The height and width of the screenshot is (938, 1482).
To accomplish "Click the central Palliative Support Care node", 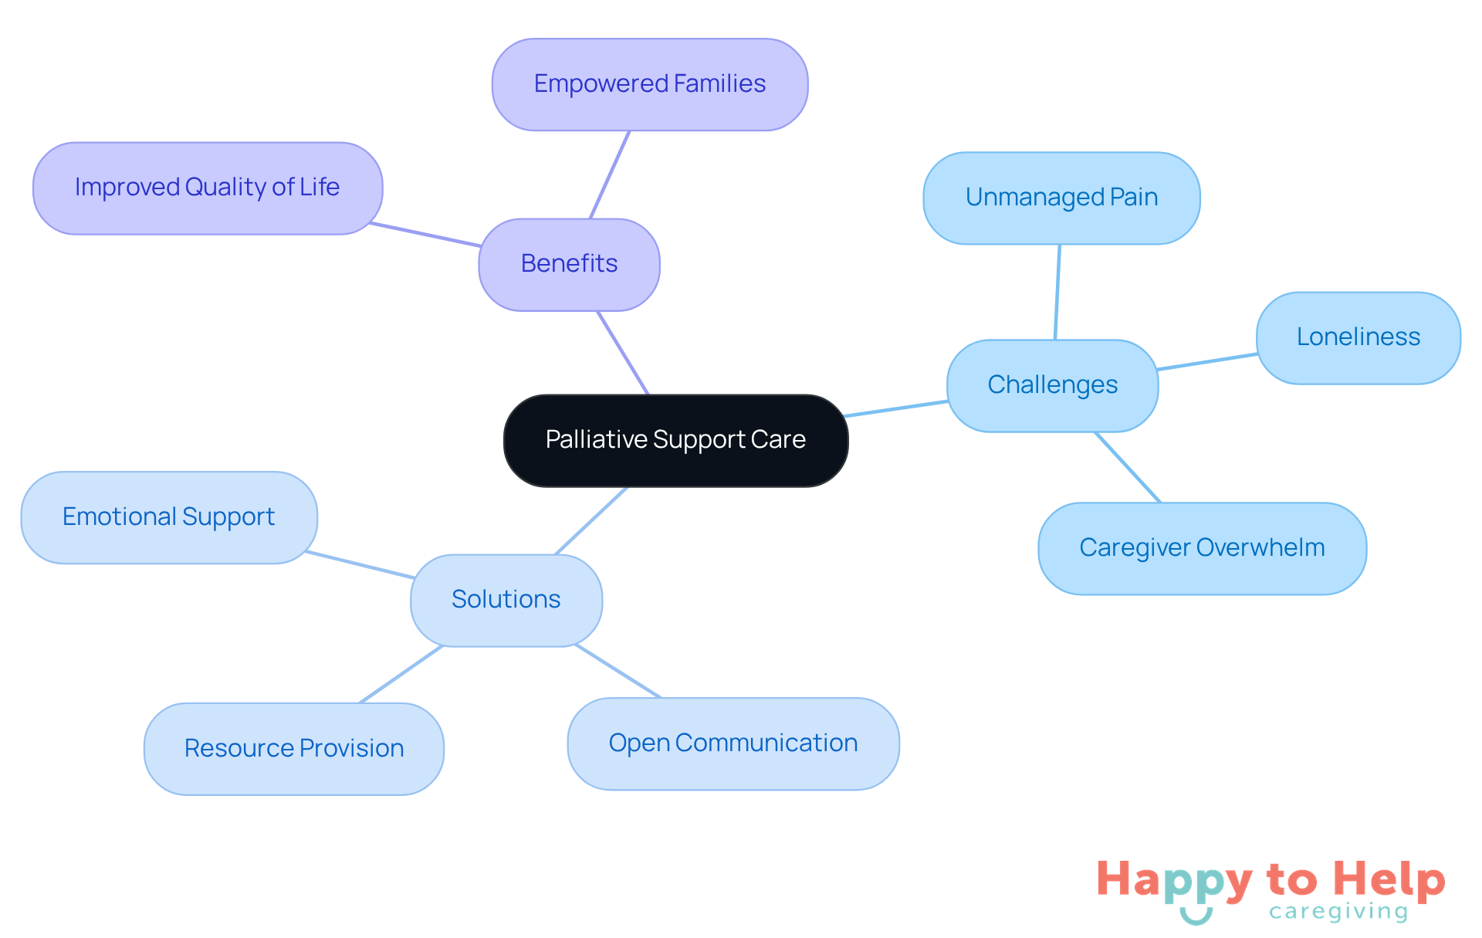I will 675,440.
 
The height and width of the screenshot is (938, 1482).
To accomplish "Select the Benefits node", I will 569,264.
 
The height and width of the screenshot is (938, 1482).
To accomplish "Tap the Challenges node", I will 1052,385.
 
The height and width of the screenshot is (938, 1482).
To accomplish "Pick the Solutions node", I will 506,600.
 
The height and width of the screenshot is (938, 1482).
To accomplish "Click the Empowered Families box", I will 649,84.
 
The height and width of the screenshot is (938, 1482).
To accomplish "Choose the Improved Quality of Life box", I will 207,188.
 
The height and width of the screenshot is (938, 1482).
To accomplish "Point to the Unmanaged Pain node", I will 1061,198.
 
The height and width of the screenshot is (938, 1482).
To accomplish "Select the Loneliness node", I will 1358,337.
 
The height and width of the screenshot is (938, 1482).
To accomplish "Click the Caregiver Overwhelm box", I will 1202,548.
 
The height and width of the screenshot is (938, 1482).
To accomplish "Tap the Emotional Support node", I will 168,517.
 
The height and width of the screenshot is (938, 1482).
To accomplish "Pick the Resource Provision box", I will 293,748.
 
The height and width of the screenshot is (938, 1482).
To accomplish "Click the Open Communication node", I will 733,743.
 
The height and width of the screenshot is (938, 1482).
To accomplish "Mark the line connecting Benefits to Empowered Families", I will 610,174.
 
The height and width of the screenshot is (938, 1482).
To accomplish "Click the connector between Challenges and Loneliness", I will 1207,361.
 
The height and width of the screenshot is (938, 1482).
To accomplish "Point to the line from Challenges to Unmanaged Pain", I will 1057,292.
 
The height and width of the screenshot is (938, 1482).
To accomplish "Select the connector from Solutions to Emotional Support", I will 360,564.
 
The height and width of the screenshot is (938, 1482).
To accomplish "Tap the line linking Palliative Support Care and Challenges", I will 895,409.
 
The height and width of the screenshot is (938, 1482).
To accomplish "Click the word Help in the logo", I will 1389,880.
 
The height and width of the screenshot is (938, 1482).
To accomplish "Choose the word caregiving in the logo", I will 1338,912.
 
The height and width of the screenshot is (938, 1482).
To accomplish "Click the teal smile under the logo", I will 1196,917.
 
